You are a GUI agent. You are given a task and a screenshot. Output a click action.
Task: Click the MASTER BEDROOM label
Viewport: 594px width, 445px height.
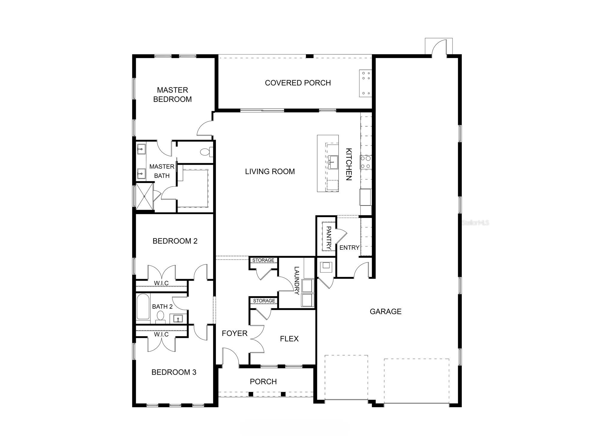[172, 95]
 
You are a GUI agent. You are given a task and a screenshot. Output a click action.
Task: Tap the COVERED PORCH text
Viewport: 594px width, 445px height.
[298, 83]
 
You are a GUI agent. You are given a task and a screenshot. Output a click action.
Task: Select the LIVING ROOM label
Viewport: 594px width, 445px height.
[270, 172]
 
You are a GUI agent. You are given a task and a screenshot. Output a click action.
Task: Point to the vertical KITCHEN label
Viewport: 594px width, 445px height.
[349, 164]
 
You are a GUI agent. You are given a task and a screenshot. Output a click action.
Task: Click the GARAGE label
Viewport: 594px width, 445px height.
[385, 312]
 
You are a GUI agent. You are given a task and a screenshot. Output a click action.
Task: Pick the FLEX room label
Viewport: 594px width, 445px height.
[289, 339]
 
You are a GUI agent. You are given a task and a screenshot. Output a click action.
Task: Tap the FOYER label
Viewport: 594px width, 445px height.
[234, 334]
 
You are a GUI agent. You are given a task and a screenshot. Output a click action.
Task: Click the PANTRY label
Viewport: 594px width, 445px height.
[328, 238]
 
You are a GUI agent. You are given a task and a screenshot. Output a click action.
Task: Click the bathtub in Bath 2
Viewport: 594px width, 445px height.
[143, 307]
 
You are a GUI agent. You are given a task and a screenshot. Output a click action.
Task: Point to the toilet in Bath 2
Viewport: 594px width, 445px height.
[160, 317]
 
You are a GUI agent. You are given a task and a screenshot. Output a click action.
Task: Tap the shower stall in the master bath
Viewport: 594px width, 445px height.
[145, 196]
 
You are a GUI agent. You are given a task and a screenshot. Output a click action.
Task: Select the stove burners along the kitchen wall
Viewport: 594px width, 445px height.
[366, 162]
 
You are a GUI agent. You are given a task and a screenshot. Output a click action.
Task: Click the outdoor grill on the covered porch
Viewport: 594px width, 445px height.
[366, 83]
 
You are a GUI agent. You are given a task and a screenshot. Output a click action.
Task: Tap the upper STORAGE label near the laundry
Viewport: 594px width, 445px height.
[263, 260]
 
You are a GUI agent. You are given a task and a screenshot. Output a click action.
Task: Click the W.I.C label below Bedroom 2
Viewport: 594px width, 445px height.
[161, 283]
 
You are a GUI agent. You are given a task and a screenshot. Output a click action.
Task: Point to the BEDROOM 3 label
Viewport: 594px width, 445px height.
[174, 372]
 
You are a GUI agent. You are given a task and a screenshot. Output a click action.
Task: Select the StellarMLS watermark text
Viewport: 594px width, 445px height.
[475, 223]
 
